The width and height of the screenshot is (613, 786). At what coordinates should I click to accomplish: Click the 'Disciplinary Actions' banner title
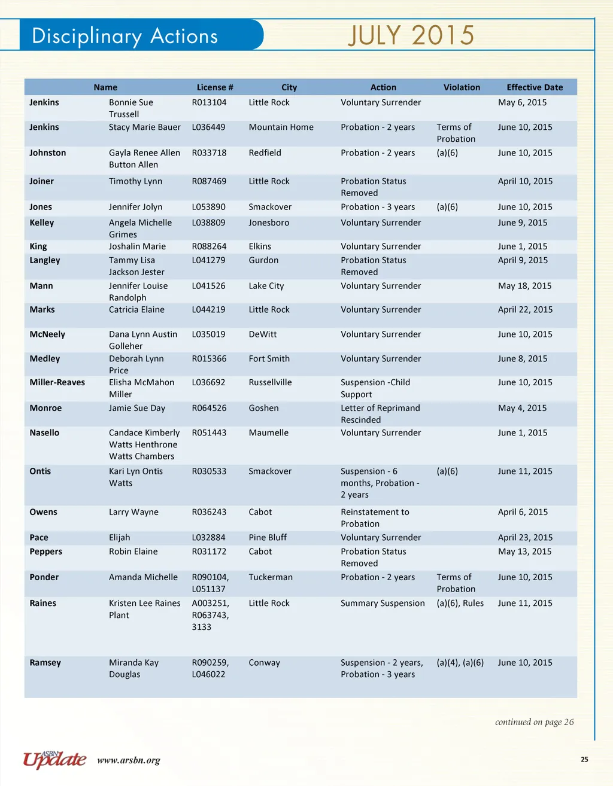[125, 36]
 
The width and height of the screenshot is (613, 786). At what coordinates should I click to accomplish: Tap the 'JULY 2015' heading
[411, 35]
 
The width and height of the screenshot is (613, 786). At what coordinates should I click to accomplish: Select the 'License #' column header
[215, 87]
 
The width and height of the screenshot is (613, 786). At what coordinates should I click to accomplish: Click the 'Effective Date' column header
[535, 87]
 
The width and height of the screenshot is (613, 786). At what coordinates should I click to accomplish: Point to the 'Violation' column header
[462, 87]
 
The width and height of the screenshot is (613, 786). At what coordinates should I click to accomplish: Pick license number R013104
[209, 102]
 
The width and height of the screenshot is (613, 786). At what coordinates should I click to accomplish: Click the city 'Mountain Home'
[281, 127]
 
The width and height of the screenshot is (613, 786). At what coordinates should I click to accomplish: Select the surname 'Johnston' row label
[48, 153]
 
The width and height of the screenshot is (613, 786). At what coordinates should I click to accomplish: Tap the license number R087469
[209, 181]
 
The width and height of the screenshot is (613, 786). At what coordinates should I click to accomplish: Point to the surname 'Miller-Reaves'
[57, 382]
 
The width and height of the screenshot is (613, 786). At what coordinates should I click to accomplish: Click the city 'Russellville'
[270, 382]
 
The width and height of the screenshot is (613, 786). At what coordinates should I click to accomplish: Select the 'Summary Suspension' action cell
[383, 603]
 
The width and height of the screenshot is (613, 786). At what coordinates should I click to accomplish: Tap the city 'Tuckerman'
[271, 577]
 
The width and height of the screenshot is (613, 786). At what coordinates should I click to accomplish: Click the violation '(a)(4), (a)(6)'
[460, 663]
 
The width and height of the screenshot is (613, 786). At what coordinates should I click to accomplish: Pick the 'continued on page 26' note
[534, 722]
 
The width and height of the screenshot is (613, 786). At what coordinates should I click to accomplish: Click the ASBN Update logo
[54, 760]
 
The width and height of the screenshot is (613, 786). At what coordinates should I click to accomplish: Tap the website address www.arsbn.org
[129, 761]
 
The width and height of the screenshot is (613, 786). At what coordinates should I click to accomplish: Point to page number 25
[584, 760]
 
